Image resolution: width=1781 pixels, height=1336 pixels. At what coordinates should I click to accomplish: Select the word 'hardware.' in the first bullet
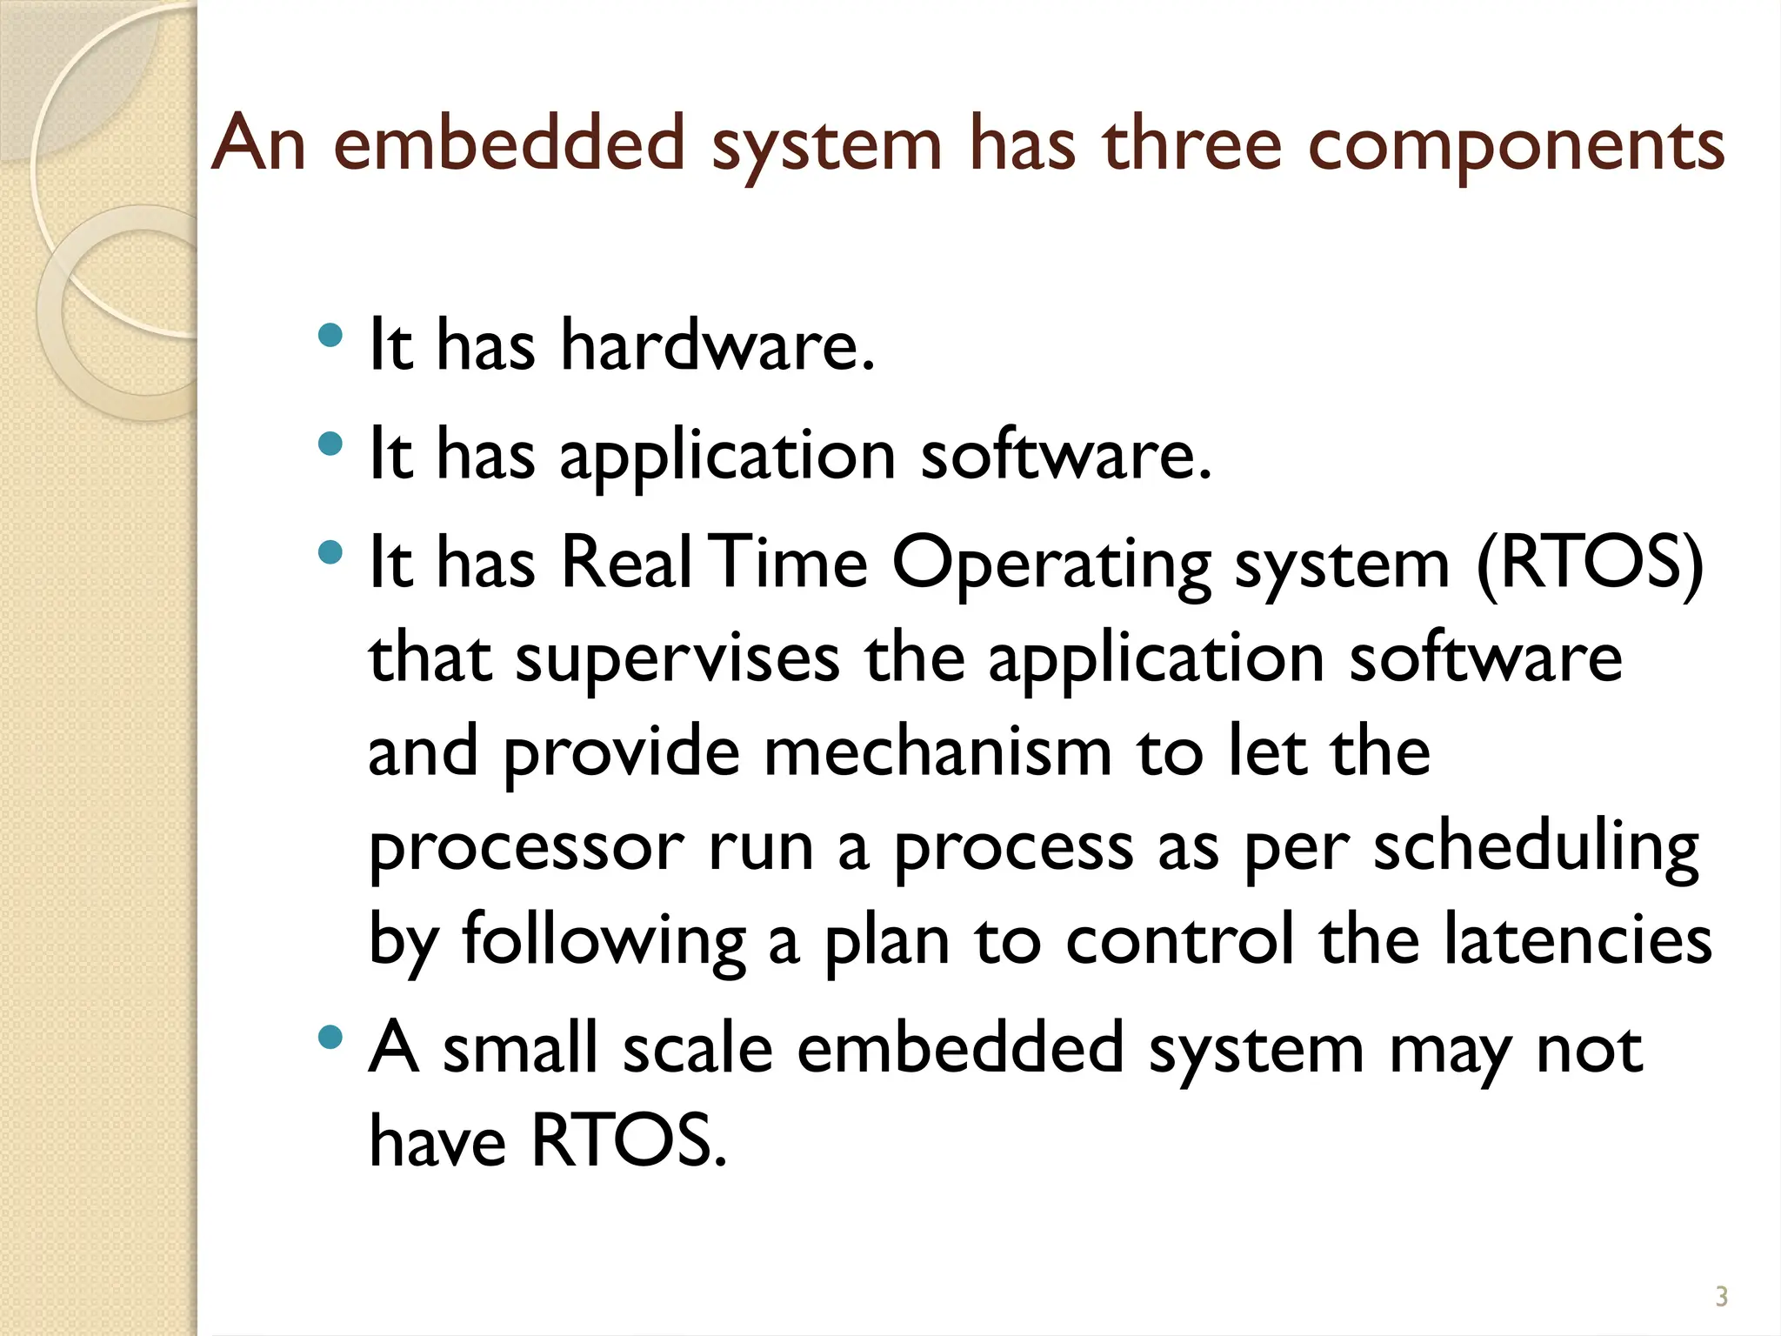click(717, 345)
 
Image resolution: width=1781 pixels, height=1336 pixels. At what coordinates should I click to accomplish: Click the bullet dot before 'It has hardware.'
click(330, 336)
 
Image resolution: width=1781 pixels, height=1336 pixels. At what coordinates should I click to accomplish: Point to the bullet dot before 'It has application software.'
click(330, 444)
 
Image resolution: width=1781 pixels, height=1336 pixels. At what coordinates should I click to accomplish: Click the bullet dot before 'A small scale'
click(330, 1037)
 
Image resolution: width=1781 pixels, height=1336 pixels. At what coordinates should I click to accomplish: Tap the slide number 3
click(1721, 1297)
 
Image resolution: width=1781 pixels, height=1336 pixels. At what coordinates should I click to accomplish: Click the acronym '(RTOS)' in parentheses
click(1589, 564)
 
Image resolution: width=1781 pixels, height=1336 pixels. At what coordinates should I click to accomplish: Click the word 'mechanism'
click(937, 752)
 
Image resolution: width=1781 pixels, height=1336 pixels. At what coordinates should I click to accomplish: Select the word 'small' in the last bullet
click(521, 1048)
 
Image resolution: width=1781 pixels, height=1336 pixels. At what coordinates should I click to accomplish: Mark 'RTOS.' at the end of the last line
click(628, 1140)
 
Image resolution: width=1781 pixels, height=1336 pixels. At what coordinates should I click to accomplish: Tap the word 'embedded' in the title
click(510, 144)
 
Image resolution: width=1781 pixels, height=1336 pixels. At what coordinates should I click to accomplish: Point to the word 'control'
click(1179, 940)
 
